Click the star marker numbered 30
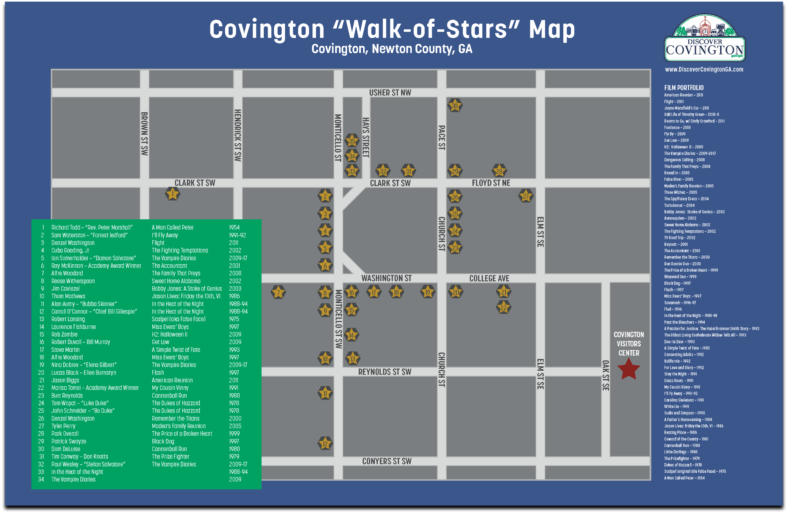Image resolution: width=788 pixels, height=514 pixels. [x=455, y=106]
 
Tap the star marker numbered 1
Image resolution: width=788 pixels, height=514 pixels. [x=173, y=194]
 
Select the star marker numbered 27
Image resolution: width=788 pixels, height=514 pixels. [x=526, y=196]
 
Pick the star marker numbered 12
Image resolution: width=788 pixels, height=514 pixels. [x=325, y=443]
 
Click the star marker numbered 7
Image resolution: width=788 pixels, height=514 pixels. [x=278, y=292]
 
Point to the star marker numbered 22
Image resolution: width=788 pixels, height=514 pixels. [x=503, y=307]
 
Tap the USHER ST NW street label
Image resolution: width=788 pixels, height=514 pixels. [x=390, y=93]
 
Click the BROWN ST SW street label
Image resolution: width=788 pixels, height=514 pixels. [x=144, y=133]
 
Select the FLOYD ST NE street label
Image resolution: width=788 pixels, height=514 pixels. [x=491, y=183]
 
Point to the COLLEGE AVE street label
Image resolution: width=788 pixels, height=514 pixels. [x=489, y=278]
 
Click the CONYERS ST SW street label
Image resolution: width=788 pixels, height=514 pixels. [x=387, y=461]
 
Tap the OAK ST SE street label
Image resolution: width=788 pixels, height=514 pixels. [x=605, y=375]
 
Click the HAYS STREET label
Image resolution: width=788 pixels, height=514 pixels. [x=366, y=137]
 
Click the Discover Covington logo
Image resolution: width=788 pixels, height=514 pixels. [x=704, y=38]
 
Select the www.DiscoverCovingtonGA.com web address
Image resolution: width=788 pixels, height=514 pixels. [x=704, y=69]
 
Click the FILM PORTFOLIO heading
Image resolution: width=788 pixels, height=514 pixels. [x=684, y=88]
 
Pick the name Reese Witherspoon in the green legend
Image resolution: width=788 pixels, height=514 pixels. [x=73, y=281]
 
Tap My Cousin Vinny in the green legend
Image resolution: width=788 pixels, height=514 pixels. [x=170, y=388]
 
